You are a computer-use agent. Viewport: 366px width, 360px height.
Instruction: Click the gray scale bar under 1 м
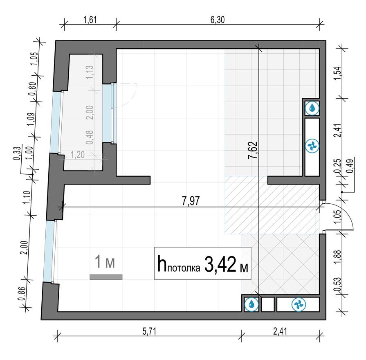[106, 277]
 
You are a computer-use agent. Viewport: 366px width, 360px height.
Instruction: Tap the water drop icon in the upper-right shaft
[312, 108]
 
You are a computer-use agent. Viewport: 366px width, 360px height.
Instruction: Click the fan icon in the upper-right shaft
[312, 145]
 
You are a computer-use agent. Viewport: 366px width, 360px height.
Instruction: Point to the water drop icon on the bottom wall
[250, 304]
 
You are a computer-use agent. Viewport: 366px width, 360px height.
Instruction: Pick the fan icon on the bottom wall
[298, 304]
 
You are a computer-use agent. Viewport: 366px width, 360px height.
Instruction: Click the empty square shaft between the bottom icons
[267, 304]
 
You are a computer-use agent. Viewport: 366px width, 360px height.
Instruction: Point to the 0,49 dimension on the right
[350, 168]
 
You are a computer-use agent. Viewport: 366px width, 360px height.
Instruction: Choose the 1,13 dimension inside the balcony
[90, 73]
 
